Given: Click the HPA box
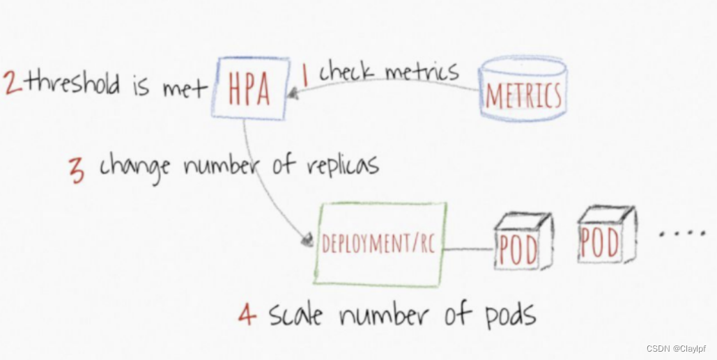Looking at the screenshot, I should click(249, 88).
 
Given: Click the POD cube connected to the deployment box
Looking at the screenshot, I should click(521, 242).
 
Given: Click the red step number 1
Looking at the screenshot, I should click(304, 76).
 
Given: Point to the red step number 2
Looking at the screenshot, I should click(13, 82).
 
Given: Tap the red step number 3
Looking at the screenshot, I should click(77, 170).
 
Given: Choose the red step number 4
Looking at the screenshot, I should click(246, 315).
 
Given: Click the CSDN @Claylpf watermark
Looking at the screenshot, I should click(675, 348).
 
